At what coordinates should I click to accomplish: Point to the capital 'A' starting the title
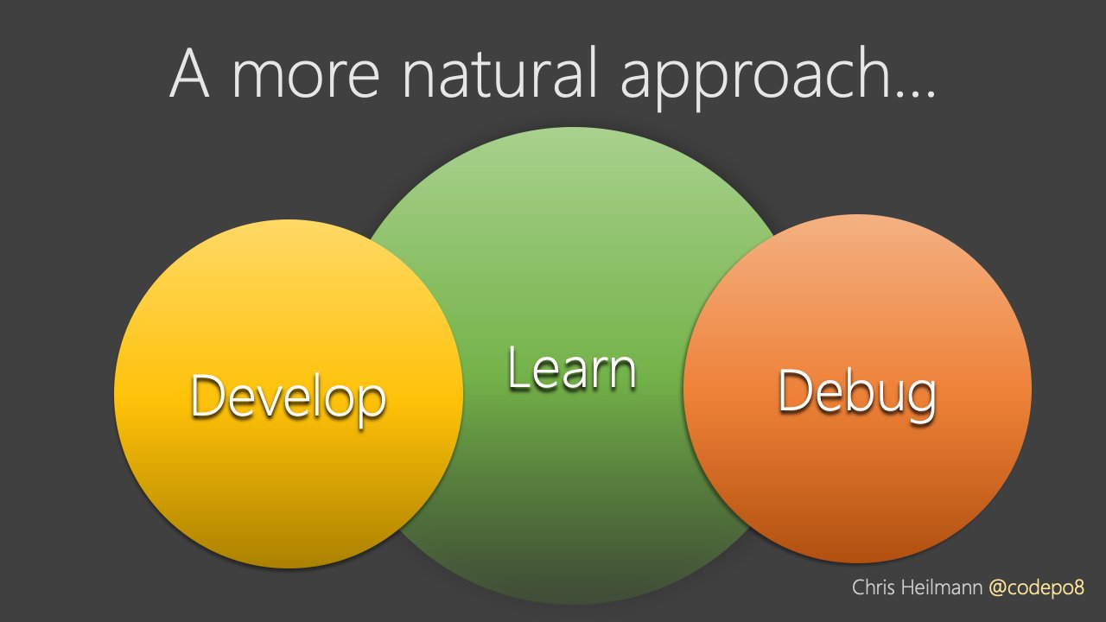point(189,73)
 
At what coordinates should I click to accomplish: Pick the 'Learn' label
point(572,368)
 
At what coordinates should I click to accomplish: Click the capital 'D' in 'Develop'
point(206,395)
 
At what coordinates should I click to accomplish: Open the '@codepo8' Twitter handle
point(1036,588)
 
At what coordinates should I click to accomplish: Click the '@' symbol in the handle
point(997,589)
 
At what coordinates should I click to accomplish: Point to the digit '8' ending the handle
point(1079,588)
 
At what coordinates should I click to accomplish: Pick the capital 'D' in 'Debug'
point(793,390)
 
